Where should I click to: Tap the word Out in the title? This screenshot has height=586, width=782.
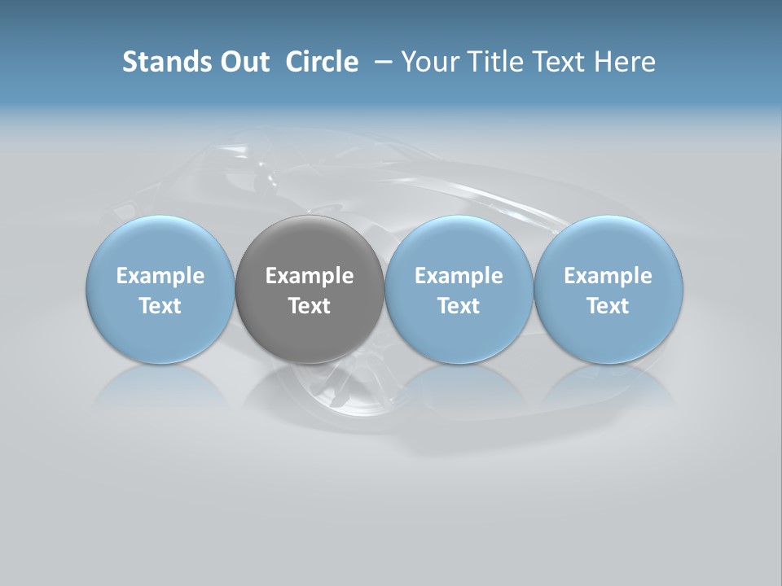coord(243,62)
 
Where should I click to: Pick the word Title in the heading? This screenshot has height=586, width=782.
coord(486,62)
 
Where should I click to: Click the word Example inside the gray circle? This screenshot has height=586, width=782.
coord(310,276)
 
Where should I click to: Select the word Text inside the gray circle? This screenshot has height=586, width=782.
coord(310,306)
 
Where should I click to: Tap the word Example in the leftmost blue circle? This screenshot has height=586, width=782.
coord(160,276)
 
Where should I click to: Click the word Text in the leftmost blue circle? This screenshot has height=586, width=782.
coord(160,306)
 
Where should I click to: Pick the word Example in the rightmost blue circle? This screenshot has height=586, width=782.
coord(608,276)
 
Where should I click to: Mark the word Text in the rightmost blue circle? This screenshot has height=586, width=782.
coord(608,306)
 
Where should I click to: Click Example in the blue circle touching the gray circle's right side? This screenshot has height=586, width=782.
coord(459,276)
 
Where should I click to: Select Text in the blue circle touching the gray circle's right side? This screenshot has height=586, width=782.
coord(459,306)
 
